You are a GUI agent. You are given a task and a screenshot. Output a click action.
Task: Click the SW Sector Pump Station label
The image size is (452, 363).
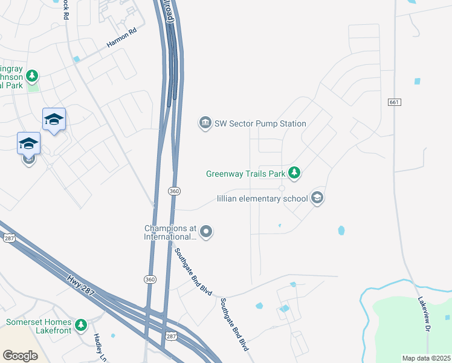(260, 123)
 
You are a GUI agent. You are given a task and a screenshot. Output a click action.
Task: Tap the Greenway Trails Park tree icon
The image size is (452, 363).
(294, 174)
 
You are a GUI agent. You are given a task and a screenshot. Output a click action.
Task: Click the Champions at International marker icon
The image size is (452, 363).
(206, 231)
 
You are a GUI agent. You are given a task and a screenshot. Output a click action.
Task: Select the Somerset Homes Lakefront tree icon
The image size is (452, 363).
(81, 326)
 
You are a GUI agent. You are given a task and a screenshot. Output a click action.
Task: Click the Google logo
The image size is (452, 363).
(20, 356)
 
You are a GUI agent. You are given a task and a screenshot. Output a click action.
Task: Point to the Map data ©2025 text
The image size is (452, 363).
(426, 358)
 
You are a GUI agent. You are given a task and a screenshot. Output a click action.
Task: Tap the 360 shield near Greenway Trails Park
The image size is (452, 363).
(174, 191)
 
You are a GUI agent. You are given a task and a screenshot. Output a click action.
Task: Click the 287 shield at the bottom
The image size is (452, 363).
(172, 336)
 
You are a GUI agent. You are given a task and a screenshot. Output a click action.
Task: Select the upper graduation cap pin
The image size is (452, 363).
(54, 120)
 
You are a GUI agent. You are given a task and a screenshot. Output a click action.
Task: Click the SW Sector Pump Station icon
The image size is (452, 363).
(205, 123)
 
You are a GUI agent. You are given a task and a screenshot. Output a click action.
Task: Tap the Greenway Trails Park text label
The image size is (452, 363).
(245, 174)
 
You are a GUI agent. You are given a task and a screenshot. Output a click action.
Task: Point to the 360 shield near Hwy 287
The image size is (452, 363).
(150, 279)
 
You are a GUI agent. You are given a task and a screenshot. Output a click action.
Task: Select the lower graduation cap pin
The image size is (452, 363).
(28, 144)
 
